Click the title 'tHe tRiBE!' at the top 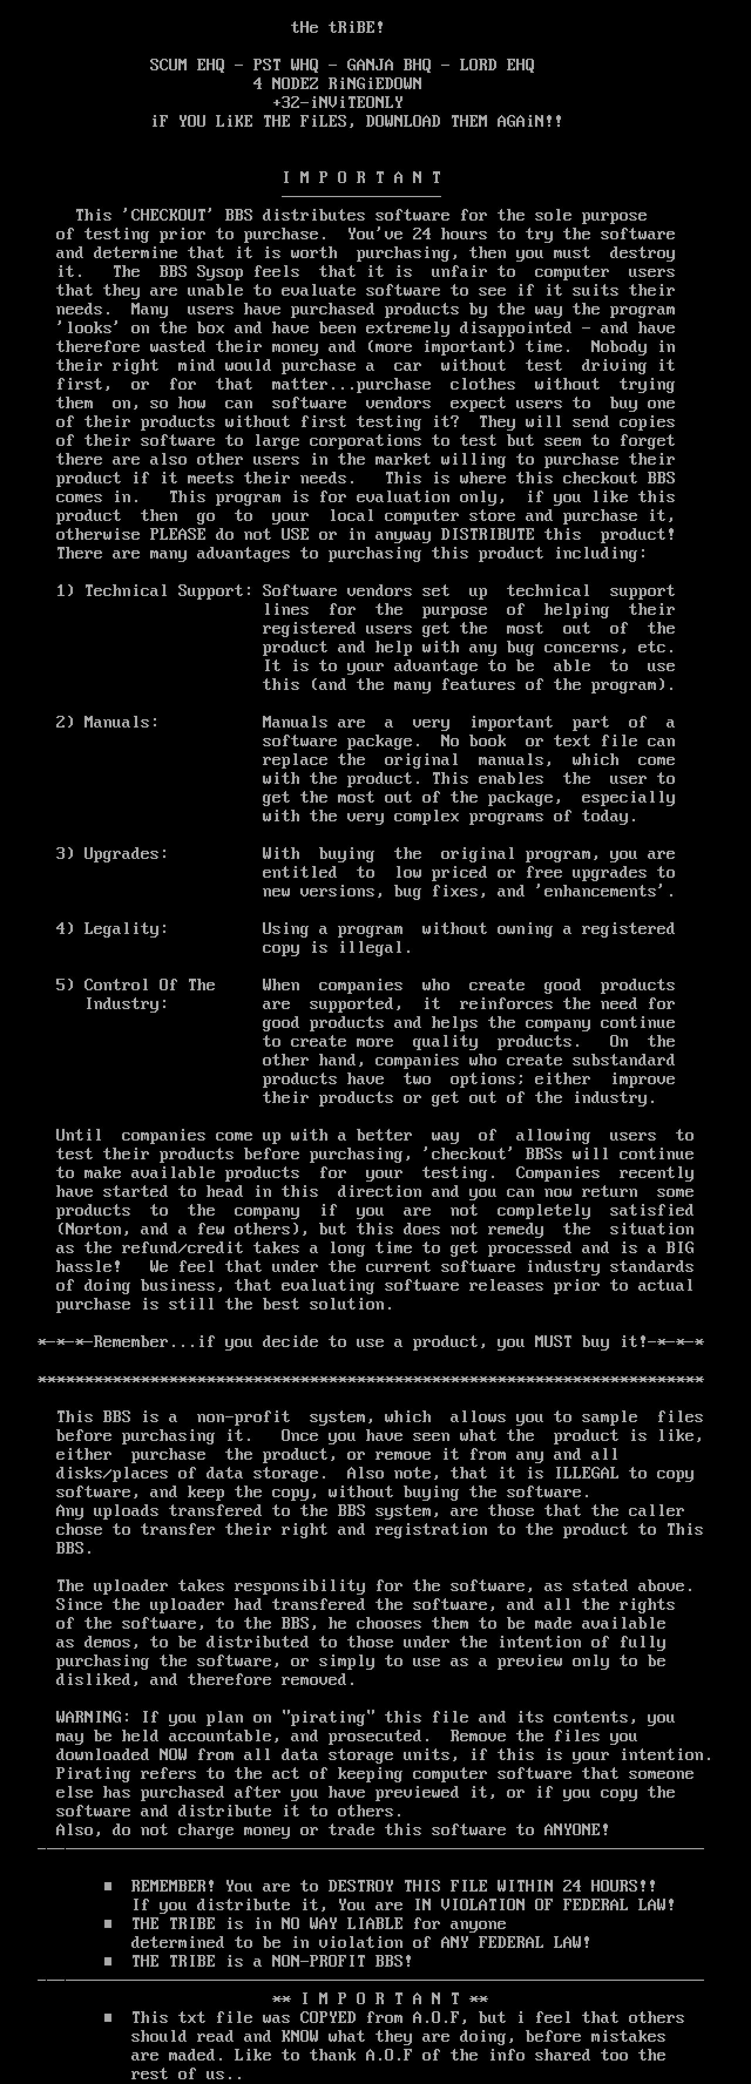click(x=337, y=28)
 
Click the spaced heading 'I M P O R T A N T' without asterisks click(x=362, y=178)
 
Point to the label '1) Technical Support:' click(x=154, y=591)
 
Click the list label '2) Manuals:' click(x=107, y=722)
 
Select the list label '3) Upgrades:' click(x=111, y=854)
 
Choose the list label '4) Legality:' click(x=111, y=929)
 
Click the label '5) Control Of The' click(x=135, y=985)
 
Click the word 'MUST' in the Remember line click(x=553, y=1342)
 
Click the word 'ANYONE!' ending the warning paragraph click(x=576, y=1830)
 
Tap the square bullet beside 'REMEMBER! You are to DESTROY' click(x=107, y=1887)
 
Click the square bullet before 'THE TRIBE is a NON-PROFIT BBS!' click(x=107, y=1961)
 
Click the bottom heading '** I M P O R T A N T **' click(x=380, y=1999)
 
